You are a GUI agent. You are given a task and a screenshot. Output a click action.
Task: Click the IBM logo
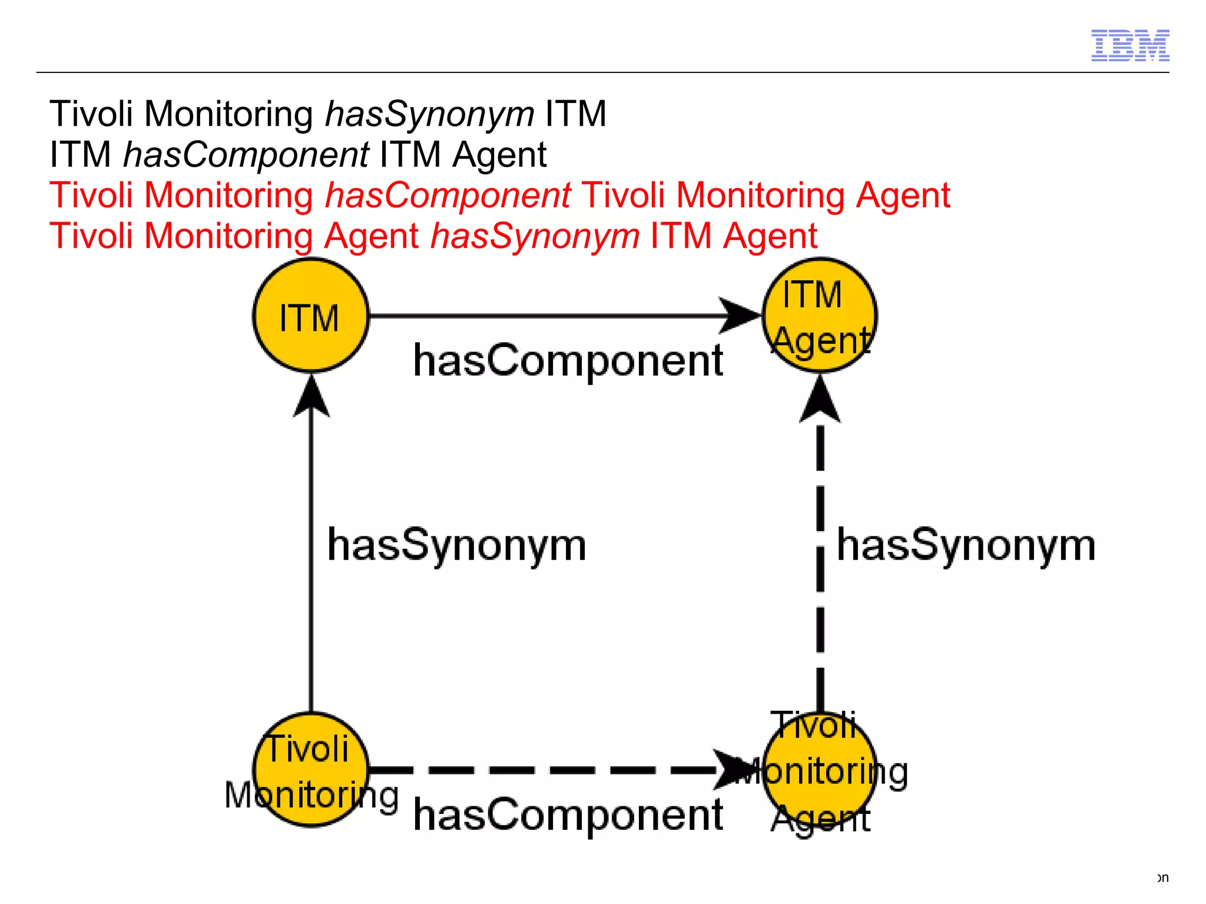pos(1129,45)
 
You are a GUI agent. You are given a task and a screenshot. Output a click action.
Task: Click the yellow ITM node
pos(311,316)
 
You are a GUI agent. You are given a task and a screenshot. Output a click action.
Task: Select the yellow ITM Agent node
pos(820,316)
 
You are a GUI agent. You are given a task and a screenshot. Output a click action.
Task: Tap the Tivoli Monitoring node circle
pos(311,770)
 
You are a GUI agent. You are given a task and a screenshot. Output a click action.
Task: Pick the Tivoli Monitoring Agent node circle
pos(820,770)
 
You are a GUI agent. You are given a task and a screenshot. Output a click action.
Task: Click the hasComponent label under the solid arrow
pos(568,360)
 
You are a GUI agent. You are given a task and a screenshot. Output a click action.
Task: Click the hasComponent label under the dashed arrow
pos(568,815)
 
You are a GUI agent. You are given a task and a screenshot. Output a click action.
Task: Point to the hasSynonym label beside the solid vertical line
pos(456,545)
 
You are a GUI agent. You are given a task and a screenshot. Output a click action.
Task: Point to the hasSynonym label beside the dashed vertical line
pos(966,545)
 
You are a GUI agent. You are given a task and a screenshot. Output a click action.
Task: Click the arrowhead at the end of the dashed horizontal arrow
pos(733,769)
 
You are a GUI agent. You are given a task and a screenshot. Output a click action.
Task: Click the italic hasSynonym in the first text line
pos(429,114)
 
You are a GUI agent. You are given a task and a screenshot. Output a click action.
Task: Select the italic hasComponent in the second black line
pos(246,155)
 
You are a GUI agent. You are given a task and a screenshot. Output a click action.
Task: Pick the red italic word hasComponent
pos(448,195)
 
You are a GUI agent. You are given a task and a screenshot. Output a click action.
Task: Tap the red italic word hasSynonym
pos(535,236)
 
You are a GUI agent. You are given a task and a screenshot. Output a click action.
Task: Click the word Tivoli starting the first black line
pos(91,114)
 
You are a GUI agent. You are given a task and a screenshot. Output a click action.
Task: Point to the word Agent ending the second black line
pos(499,155)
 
